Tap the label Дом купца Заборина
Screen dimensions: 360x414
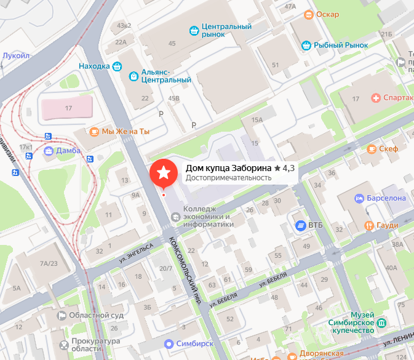229,168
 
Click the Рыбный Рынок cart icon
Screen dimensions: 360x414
306,44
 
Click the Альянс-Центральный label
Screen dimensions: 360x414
166,76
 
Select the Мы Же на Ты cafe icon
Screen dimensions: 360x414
94,131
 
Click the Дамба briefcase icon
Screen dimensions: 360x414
49,150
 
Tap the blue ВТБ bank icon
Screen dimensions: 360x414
300,225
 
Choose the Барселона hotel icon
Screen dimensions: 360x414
359,198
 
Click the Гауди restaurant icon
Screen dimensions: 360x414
369,225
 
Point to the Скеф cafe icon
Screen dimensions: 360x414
372,149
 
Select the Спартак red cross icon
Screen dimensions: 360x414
375,98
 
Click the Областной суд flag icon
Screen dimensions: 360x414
62,316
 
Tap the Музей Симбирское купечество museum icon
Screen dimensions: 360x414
381,322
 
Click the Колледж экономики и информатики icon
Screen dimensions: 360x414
176,217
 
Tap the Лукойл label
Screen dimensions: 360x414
16,55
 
